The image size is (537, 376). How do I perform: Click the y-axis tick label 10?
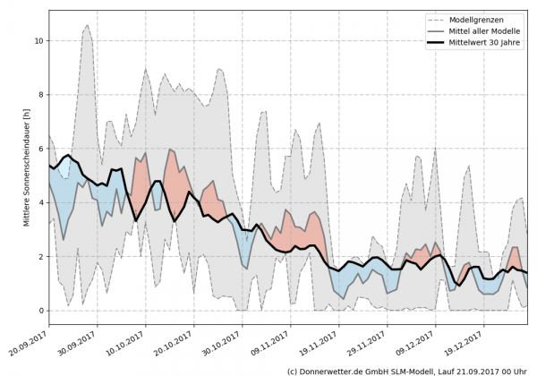(37, 41)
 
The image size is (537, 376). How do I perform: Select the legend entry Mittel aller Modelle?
(490, 31)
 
